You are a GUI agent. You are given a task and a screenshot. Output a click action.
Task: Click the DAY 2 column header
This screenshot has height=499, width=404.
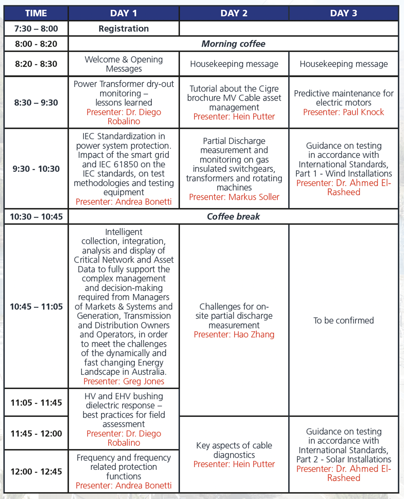[234, 13]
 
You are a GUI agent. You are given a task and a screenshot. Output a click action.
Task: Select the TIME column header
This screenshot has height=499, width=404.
[36, 13]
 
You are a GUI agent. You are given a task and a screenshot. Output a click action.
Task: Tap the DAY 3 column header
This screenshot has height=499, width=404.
[343, 13]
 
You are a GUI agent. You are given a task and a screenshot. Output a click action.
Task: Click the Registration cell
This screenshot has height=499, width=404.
[123, 29]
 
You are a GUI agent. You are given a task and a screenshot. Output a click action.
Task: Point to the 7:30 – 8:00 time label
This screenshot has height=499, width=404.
[36, 29]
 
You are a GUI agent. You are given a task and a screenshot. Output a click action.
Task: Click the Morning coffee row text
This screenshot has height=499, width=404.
[233, 44]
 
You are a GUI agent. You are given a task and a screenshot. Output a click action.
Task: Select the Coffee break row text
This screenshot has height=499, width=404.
[233, 217]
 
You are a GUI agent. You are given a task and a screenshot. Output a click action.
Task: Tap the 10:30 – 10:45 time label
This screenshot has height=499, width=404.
[36, 217]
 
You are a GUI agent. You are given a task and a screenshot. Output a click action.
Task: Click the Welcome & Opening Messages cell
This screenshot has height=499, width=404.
[123, 64]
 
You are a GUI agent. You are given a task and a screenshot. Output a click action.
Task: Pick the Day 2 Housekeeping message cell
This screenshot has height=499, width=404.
[234, 64]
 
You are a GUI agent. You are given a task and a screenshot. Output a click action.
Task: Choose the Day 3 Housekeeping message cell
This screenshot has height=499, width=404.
[343, 64]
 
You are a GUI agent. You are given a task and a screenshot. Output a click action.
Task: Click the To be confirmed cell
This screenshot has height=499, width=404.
[343, 320]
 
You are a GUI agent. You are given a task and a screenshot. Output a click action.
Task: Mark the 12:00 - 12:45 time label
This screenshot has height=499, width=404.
[36, 472]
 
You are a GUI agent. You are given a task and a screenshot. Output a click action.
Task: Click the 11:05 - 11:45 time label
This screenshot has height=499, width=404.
[36, 403]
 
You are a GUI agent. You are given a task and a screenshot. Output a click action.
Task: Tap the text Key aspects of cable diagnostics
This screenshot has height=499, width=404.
[234, 450]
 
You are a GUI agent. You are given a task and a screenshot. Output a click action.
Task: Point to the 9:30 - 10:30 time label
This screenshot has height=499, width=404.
[36, 169]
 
